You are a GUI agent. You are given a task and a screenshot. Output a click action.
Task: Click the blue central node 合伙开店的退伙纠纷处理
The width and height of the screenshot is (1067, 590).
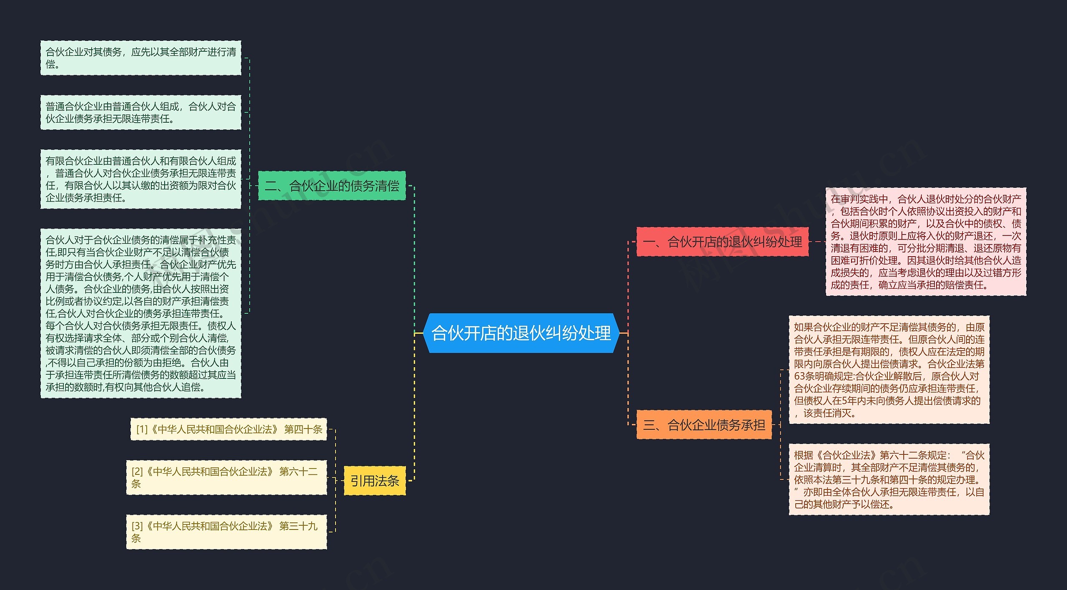click(521, 333)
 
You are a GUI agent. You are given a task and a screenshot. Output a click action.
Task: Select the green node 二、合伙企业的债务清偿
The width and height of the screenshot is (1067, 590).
click(332, 186)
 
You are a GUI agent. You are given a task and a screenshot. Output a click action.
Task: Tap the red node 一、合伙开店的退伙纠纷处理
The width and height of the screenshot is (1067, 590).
click(722, 242)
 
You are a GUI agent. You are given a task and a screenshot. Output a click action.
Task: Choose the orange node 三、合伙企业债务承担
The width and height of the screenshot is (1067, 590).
click(704, 425)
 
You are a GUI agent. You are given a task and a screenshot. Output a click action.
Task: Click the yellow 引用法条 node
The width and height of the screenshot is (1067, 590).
click(374, 481)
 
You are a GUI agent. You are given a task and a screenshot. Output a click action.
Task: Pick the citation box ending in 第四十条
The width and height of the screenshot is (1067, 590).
click(228, 429)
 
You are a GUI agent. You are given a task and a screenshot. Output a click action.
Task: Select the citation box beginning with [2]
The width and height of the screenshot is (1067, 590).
click(226, 477)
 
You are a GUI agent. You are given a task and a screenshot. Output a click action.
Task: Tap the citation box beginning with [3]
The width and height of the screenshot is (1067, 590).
click(226, 532)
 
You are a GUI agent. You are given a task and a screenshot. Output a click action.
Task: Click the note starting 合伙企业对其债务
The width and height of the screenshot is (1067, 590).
click(140, 58)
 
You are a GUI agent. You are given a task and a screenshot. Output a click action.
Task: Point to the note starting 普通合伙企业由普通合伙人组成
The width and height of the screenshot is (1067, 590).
click(140, 113)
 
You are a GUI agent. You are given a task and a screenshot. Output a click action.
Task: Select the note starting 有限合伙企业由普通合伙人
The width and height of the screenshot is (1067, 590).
click(140, 179)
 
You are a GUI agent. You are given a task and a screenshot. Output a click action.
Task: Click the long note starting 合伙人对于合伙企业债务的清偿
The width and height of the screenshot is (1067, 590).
click(140, 313)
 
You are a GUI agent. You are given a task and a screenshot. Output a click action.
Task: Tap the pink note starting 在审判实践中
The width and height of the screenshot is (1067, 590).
click(926, 242)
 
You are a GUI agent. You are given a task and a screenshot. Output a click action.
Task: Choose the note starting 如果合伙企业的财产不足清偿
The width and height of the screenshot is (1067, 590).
click(889, 370)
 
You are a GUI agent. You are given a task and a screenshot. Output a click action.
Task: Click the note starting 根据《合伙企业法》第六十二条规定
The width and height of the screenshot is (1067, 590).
click(889, 479)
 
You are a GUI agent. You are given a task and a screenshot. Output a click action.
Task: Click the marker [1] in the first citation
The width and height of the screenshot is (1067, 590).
click(142, 429)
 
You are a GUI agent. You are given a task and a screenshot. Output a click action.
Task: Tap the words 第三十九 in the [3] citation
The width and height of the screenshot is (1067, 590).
click(298, 526)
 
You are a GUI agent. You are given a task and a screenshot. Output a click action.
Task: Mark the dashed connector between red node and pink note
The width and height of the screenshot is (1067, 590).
click(817, 242)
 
